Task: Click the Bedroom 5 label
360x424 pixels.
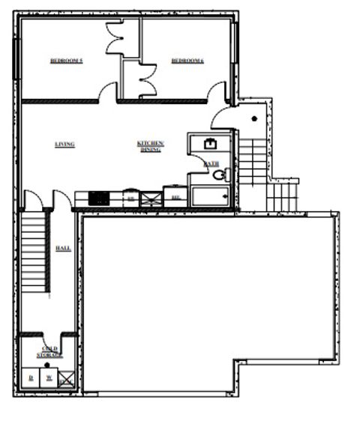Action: point(66,61)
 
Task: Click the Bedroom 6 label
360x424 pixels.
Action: point(187,61)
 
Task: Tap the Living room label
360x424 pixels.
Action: point(64,144)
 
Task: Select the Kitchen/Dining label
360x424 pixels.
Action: point(150,146)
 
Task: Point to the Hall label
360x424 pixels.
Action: point(64,247)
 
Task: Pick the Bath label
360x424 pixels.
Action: point(212,163)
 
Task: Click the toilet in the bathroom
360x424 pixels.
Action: point(219,175)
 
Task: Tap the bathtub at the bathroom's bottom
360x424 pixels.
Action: point(212,196)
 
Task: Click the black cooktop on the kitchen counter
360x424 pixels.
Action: point(99,199)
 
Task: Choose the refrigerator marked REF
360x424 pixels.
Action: point(175,197)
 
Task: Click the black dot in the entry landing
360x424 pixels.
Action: point(254,118)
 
